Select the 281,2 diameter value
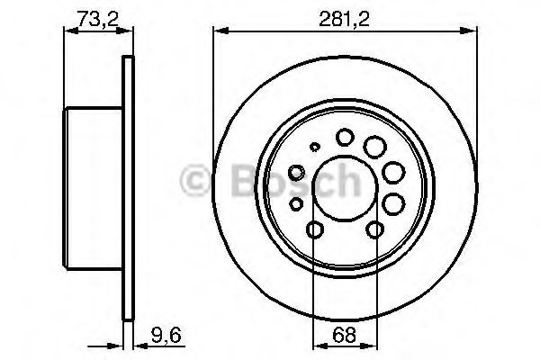click(343, 17)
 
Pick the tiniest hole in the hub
click(314, 148)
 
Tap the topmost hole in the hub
click(345, 137)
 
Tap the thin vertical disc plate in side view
click(127, 180)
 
